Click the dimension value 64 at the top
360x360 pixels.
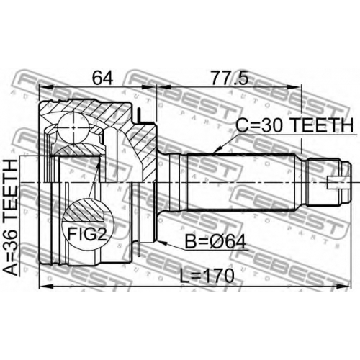(x=102, y=78)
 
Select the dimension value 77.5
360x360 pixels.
(x=229, y=78)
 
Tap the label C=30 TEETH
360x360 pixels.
(x=294, y=125)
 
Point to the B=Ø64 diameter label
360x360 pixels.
(x=216, y=242)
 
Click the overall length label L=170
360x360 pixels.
(x=207, y=276)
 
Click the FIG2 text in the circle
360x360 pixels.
(x=87, y=234)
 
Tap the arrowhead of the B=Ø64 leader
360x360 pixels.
(x=157, y=241)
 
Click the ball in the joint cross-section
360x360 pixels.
(x=73, y=127)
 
